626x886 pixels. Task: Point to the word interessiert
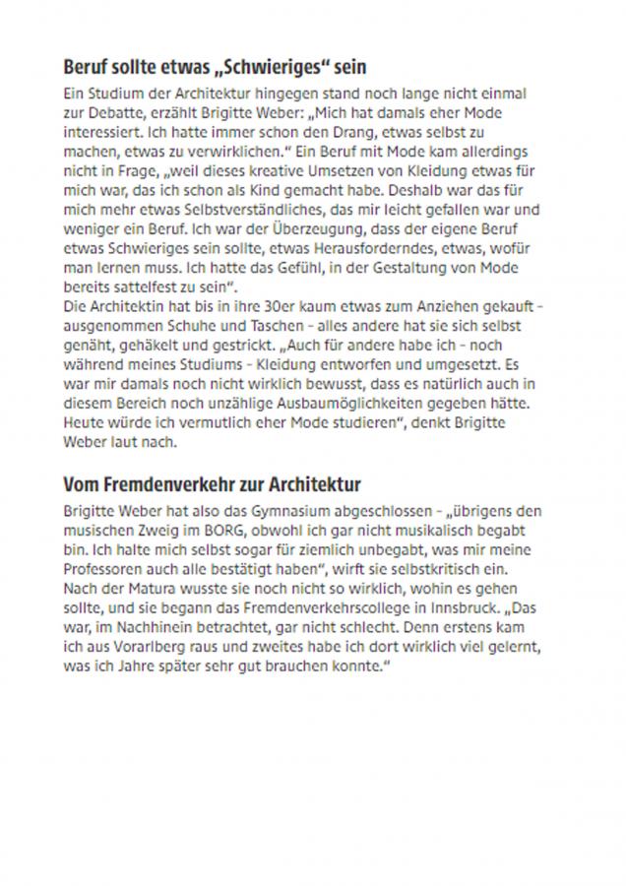click(100, 131)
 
